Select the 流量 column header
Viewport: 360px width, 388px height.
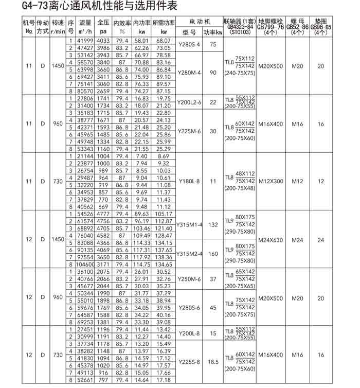click(85, 24)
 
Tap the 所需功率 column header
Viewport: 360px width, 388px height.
click(164, 24)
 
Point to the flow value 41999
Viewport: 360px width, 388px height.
click(85, 40)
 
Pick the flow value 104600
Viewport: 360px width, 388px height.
click(85, 264)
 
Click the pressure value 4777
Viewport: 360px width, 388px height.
click(103, 213)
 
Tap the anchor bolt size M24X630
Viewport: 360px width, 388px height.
click(271, 239)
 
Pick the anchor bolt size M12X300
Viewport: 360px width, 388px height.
click(271, 181)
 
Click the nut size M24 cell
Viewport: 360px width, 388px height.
click(297, 239)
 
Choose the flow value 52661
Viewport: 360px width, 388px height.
click(85, 380)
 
